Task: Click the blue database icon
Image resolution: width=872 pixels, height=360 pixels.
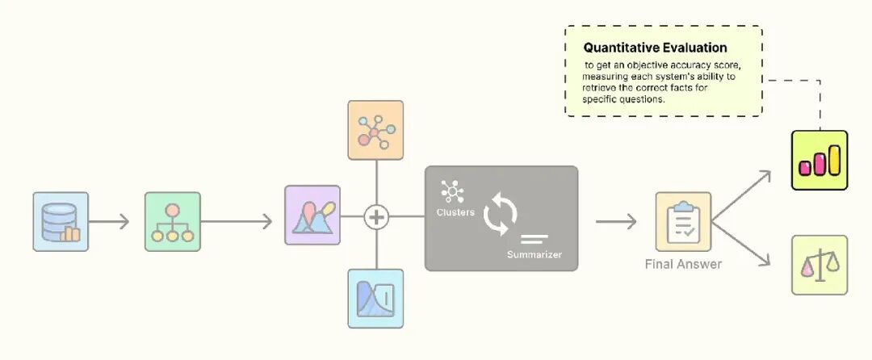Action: pos(61,221)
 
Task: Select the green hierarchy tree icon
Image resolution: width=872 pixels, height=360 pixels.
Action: pos(173,220)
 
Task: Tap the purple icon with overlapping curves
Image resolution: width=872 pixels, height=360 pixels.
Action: pos(312,215)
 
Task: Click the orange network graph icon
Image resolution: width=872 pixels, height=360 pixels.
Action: pos(375,129)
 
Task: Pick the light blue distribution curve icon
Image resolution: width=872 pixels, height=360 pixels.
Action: pos(375,299)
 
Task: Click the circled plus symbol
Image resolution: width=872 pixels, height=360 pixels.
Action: pos(376,217)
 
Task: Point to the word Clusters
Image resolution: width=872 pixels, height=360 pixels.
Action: pos(455,212)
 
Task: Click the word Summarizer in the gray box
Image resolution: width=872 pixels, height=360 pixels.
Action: pos(535,255)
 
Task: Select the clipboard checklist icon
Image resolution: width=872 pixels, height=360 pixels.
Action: pos(683,220)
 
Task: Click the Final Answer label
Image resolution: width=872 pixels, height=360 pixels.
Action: pos(683,264)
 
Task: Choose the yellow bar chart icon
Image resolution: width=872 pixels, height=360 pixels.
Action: pos(820,160)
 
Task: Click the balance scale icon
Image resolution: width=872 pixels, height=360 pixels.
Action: pos(820,264)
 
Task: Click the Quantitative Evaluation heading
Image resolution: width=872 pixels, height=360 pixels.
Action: pos(655,48)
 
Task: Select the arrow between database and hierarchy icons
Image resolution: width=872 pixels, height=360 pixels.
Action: pos(109,220)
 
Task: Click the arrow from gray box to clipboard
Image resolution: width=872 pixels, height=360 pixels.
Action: pos(617,220)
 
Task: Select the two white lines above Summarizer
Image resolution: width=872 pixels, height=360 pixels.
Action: pos(535,238)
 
